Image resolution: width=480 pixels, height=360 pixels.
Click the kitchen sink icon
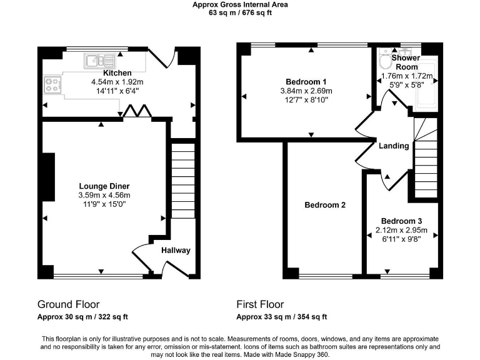99,61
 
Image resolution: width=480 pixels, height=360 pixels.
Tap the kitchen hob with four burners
52,84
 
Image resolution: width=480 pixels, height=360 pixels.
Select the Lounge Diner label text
104,186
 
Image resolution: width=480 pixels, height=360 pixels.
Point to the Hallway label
176,251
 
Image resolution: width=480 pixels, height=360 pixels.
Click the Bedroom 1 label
306,82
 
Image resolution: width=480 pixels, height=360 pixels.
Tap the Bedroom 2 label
325,205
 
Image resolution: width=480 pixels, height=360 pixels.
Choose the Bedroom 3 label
401,221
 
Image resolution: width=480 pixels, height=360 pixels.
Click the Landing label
394,146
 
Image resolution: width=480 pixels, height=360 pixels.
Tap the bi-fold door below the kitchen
136,111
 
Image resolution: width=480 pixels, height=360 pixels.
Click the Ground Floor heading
68,305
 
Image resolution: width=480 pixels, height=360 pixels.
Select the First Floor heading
259,305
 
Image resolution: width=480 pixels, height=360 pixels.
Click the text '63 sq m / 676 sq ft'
240,12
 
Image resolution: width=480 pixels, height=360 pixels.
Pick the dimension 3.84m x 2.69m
306,91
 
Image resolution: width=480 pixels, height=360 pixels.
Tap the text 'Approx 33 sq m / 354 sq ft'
281,317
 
